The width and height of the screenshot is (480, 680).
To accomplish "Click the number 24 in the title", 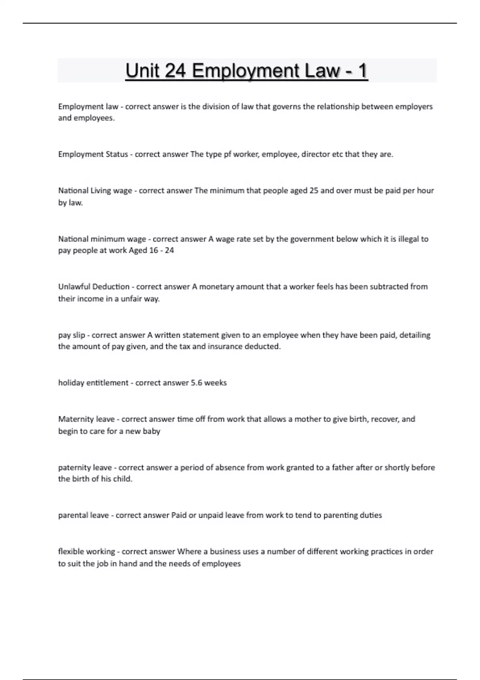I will tap(175, 71).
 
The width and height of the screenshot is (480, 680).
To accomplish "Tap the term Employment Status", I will tap(93, 154).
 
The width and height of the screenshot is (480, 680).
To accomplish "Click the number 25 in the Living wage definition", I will tap(314, 190).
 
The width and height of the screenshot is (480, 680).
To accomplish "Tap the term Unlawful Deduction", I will tap(94, 287).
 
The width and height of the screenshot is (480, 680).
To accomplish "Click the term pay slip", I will tap(72, 335).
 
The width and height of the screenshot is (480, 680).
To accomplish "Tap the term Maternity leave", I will tap(86, 419).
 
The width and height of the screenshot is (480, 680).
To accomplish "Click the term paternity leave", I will tap(85, 468).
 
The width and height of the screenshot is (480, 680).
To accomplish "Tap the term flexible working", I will tap(86, 552).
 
